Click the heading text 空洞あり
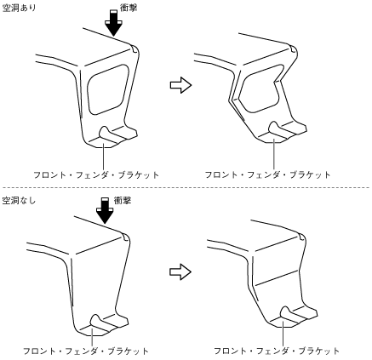point(19,8)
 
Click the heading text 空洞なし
point(19,201)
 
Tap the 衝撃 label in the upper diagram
point(129,8)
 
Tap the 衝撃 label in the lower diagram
point(123,201)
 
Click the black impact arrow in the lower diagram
point(105,211)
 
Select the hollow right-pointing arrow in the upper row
point(180,85)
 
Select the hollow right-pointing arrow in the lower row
point(180,271)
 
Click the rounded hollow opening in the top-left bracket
point(108,89)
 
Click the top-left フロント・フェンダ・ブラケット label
point(96,174)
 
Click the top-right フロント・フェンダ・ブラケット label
point(267,174)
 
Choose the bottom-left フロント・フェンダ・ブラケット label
point(86,351)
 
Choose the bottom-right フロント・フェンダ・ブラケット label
point(277,351)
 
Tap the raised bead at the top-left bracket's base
point(108,134)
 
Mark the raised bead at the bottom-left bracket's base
point(100,323)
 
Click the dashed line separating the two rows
point(186,187)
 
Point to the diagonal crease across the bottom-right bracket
point(277,277)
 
